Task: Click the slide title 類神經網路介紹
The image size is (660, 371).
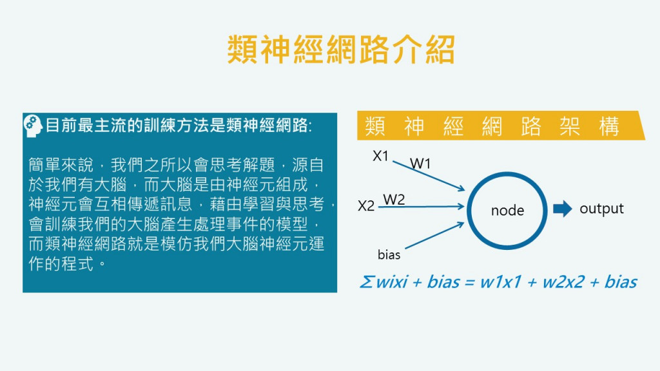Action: (x=341, y=50)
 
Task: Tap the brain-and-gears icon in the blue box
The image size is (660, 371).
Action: (x=33, y=125)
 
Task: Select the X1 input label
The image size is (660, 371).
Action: (x=381, y=155)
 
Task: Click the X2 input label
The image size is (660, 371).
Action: (x=366, y=206)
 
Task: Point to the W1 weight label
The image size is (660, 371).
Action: (x=420, y=164)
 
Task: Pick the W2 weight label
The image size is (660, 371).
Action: (x=394, y=199)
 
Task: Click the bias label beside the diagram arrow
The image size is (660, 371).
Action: (x=389, y=255)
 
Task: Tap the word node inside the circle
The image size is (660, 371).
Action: (x=507, y=210)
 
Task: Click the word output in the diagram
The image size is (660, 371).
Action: (x=601, y=208)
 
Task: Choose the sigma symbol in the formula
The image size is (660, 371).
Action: (x=365, y=282)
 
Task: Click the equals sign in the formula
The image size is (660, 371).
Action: (x=469, y=282)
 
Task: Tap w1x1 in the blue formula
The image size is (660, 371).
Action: (x=500, y=282)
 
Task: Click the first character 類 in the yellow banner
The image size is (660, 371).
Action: (x=375, y=127)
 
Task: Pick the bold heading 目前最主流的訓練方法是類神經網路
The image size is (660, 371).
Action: (x=179, y=125)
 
